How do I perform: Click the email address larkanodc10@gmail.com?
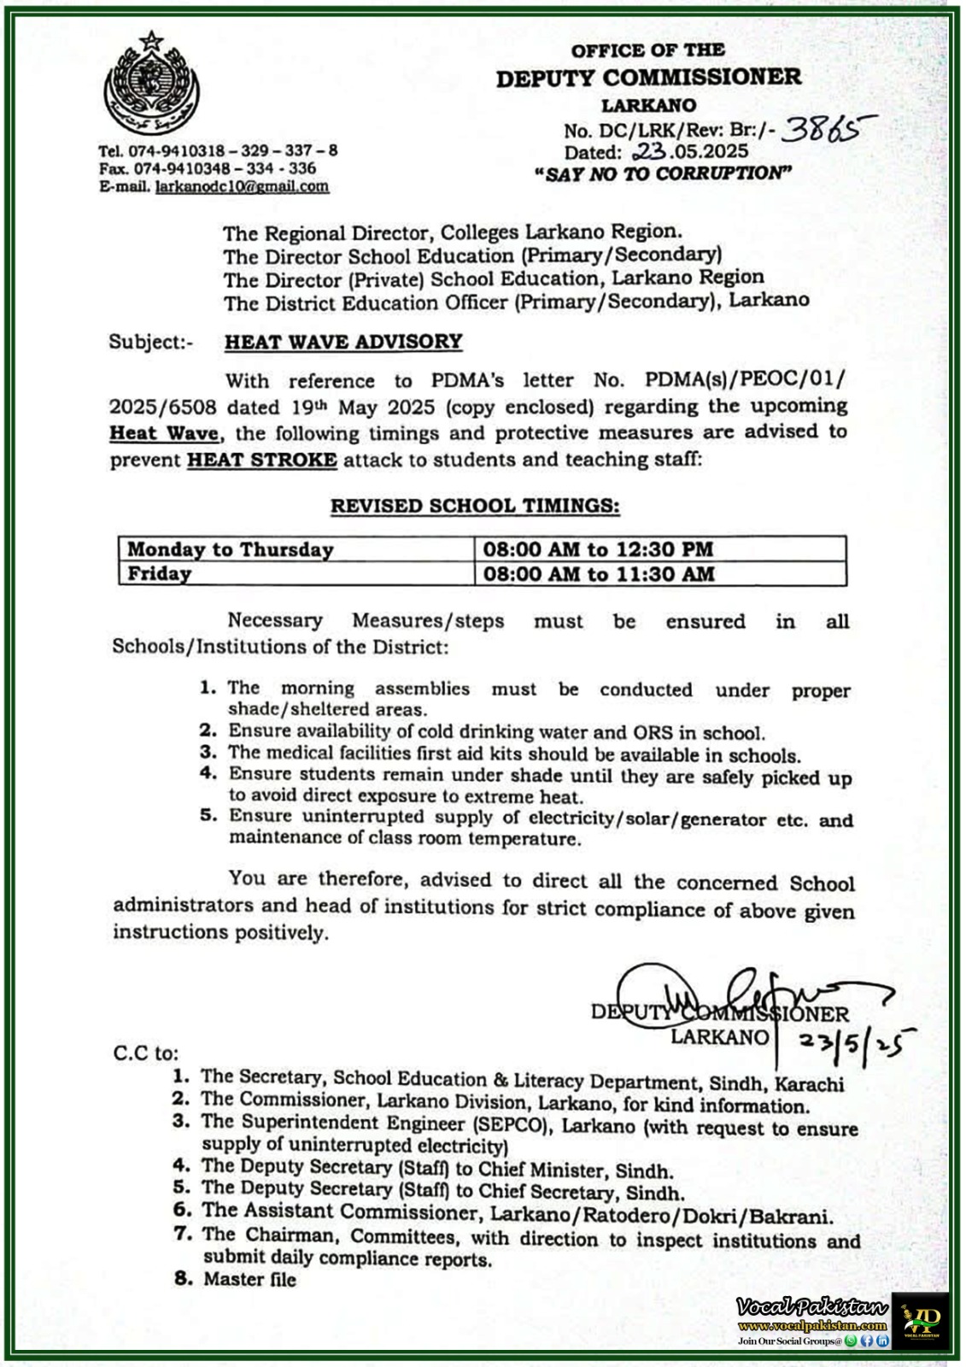[x=242, y=186]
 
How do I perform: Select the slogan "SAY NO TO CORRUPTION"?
[x=663, y=173]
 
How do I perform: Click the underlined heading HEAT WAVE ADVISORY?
[x=343, y=342]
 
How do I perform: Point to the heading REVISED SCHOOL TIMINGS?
[x=475, y=505]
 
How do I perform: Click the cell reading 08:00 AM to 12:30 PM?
[x=598, y=549]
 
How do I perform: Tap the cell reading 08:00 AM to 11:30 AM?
[x=598, y=573]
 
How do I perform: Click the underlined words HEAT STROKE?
[x=262, y=459]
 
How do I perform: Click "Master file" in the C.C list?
[x=249, y=1279]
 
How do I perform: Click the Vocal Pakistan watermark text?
[x=812, y=1307]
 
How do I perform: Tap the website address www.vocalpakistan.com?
[x=812, y=1325]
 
